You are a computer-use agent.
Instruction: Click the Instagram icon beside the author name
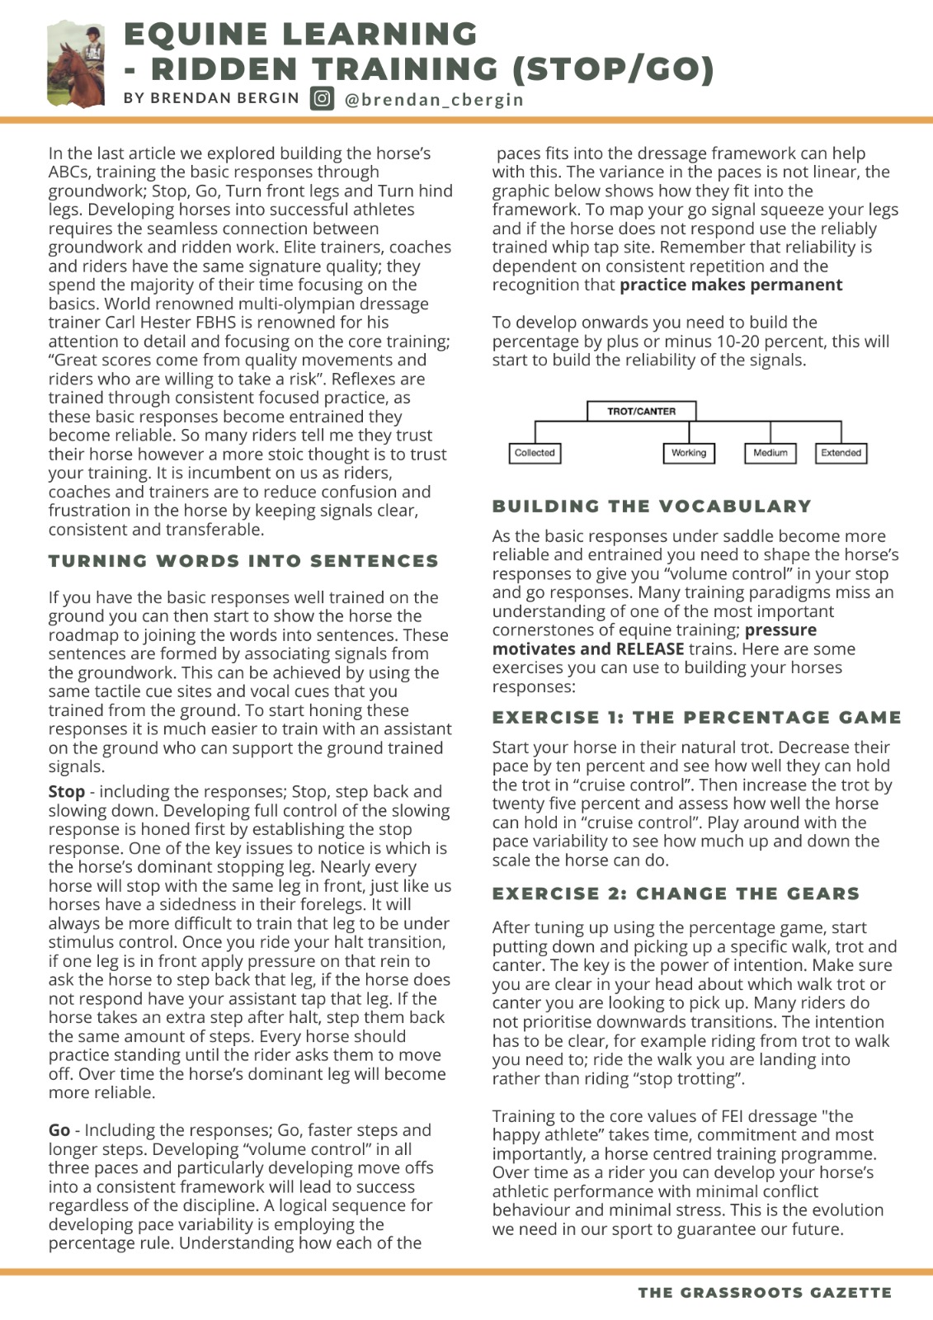coord(322,98)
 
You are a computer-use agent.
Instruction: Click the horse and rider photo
coord(77,64)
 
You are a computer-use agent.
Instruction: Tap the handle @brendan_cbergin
coord(434,99)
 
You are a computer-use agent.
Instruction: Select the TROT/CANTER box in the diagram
coord(641,411)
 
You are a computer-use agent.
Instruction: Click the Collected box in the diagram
coord(535,453)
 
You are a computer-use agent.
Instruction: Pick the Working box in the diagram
coord(689,453)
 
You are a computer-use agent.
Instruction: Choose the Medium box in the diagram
coord(770,453)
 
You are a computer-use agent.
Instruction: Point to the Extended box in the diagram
coord(841,453)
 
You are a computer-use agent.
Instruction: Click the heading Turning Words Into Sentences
coord(243,561)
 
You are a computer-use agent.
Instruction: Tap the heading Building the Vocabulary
coord(652,506)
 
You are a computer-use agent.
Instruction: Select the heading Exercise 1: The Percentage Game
coord(696,717)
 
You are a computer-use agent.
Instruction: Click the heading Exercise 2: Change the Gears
coord(676,893)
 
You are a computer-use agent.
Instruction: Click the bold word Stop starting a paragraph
coord(66,791)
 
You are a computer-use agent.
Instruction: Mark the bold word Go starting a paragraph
coord(59,1130)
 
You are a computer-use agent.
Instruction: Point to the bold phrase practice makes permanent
coord(731,285)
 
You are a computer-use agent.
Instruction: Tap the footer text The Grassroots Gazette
coord(765,1292)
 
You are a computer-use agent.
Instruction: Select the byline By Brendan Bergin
coord(211,98)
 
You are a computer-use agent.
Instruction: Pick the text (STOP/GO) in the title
coord(613,69)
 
